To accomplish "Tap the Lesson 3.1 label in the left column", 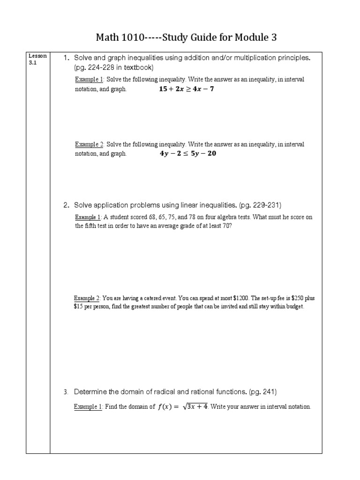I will pos(37,59).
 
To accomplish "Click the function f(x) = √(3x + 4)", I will pos(182,406).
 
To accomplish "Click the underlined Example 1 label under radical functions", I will pos(88,407).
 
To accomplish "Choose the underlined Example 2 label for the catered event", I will pos(87,298).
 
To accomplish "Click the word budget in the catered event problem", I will pos(294,307).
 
